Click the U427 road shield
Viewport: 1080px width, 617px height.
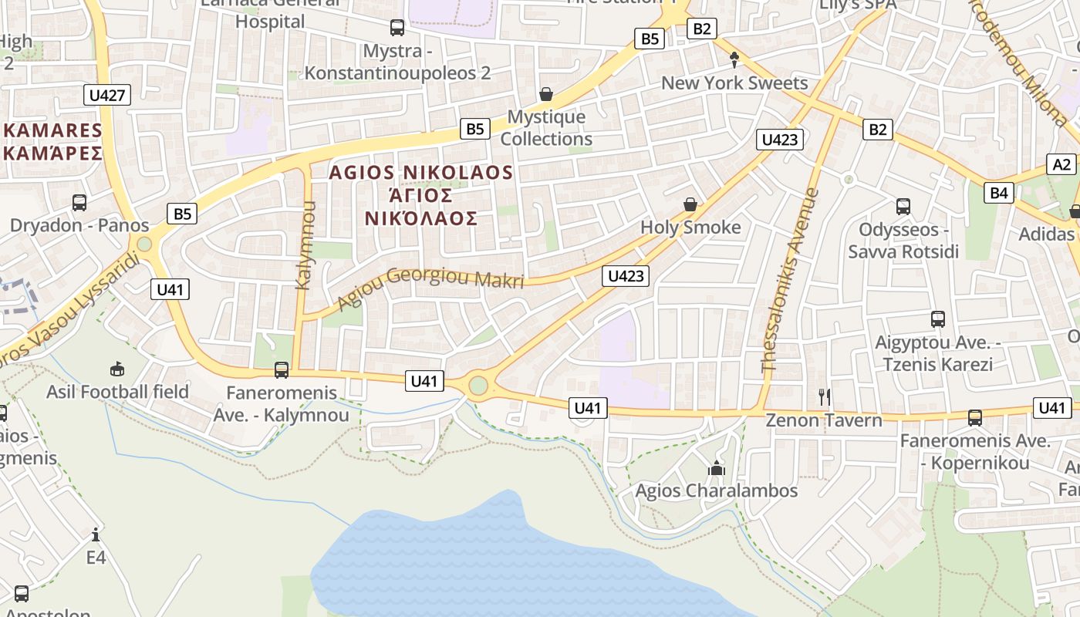pyautogui.click(x=107, y=95)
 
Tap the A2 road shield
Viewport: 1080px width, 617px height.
pyautogui.click(x=1062, y=164)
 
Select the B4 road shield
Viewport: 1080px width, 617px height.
pyautogui.click(x=999, y=192)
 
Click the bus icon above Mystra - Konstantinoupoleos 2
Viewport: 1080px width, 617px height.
pyautogui.click(x=397, y=28)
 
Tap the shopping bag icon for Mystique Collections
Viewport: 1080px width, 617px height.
pyautogui.click(x=546, y=94)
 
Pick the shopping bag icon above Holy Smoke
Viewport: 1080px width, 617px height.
pyautogui.click(x=690, y=204)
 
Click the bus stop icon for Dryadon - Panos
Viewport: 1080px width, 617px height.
pyautogui.click(x=79, y=203)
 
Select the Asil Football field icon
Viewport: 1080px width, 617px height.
pyautogui.click(x=117, y=369)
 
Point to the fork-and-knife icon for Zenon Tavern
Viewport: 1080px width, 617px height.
pyautogui.click(x=825, y=397)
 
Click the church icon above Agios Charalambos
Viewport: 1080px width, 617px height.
pyautogui.click(x=717, y=467)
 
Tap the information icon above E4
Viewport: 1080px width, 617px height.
pyautogui.click(x=96, y=534)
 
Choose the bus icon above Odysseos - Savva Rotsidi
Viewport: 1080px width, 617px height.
pyautogui.click(x=903, y=206)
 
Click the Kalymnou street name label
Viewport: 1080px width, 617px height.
pyautogui.click(x=305, y=244)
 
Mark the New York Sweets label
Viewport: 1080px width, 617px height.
pyautogui.click(x=734, y=83)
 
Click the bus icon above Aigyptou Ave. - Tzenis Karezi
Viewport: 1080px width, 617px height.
pyautogui.click(x=938, y=319)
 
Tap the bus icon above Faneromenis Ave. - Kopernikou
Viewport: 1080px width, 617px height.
pyautogui.click(x=975, y=417)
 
